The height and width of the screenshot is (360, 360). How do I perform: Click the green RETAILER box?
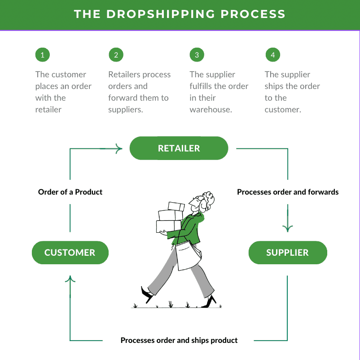click(179, 148)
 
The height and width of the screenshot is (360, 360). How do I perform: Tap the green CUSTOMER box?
click(70, 253)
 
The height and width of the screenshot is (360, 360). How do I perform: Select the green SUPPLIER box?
click(287, 253)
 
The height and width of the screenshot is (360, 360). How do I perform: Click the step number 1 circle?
click(42, 55)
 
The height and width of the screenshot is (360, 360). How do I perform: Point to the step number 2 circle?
click(116, 55)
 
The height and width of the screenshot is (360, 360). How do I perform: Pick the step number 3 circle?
click(197, 55)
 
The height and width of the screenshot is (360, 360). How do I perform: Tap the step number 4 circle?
click(272, 55)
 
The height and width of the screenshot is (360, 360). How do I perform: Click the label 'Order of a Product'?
click(70, 192)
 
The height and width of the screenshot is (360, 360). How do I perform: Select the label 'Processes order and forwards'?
click(288, 192)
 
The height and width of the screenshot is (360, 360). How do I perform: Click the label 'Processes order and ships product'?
click(179, 340)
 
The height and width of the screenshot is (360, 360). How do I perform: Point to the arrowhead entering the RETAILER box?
click(119, 148)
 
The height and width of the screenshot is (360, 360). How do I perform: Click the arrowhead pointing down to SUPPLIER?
click(287, 228)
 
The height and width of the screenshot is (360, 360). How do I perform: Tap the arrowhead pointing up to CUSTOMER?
click(70, 280)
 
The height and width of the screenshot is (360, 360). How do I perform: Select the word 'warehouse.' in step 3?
click(211, 110)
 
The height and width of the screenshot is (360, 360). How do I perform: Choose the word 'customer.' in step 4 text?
click(283, 110)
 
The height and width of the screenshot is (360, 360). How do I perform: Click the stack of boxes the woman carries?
click(170, 218)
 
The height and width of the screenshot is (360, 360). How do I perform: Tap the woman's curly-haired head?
click(204, 200)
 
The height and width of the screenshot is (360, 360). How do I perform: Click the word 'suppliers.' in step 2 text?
click(126, 110)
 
